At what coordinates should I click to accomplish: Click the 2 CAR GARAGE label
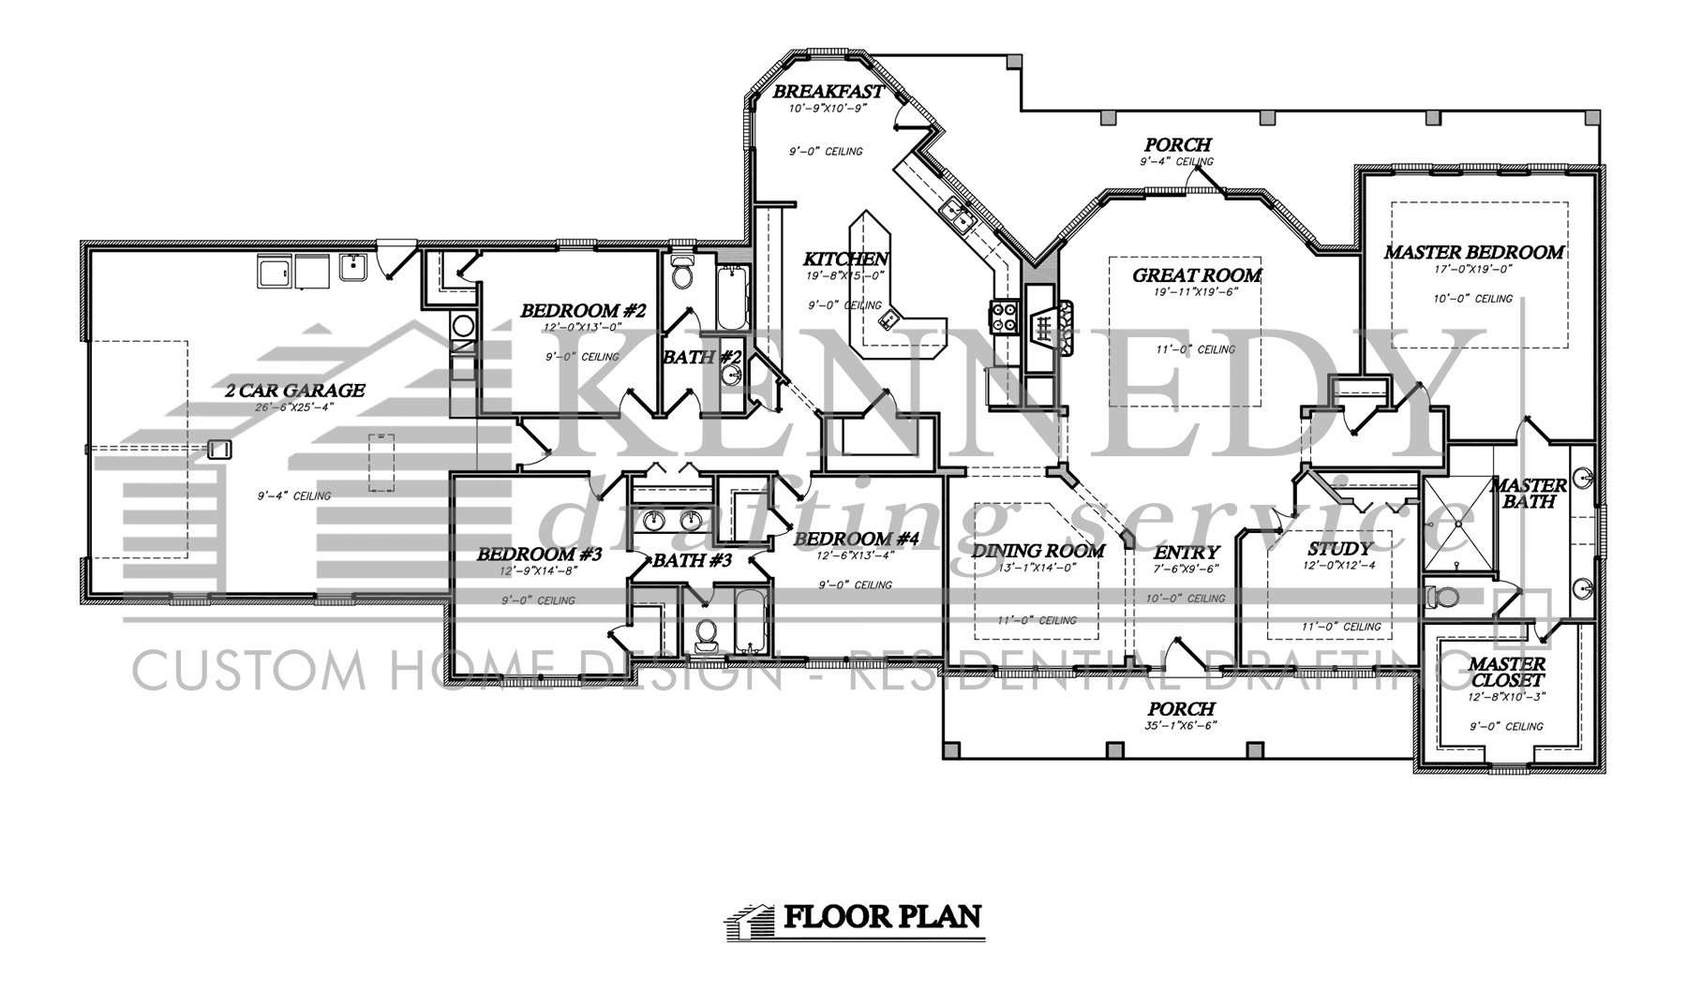coord(294,391)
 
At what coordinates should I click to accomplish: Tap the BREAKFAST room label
coord(828,92)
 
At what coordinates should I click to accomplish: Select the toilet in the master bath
coord(1441,596)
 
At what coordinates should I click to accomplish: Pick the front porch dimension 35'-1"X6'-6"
coord(1180,726)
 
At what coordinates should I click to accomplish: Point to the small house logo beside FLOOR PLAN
coord(751,919)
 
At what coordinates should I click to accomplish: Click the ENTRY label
coord(1187,553)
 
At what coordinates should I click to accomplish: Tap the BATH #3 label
coord(692,561)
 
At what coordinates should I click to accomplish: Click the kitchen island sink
coord(886,321)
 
